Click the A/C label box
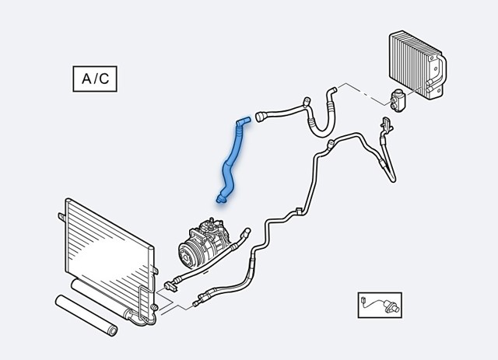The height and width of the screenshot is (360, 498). (x=95, y=79)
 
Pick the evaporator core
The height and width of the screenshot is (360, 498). (x=417, y=65)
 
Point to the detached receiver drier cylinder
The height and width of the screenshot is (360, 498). (x=86, y=315)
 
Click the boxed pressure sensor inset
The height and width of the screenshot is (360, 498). (x=380, y=305)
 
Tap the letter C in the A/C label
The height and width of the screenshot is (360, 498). (x=103, y=79)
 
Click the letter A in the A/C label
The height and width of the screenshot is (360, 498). (x=86, y=79)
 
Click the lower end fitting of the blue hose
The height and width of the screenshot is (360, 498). (x=221, y=199)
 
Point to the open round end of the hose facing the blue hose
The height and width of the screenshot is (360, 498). (x=259, y=117)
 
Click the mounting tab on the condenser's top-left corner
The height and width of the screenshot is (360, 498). (x=61, y=217)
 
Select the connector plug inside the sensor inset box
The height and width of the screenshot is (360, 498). (x=364, y=299)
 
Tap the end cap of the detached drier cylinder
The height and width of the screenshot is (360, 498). (x=113, y=331)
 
